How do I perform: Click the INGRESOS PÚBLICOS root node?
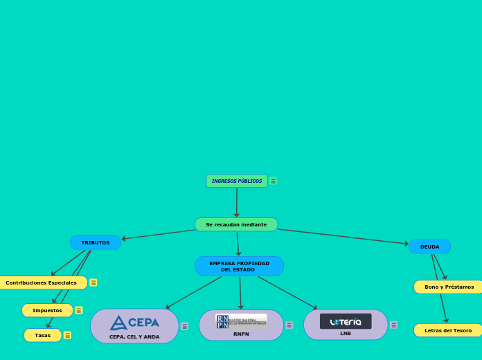pyautogui.click(x=237, y=181)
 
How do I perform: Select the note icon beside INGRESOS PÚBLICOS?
pyautogui.click(x=274, y=181)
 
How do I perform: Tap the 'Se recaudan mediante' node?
pyautogui.click(x=236, y=224)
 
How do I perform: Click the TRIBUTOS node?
pyautogui.click(x=96, y=242)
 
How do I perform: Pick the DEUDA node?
pyautogui.click(x=429, y=246)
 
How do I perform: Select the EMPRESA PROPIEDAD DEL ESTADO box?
pyautogui.click(x=239, y=267)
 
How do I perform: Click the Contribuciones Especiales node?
pyautogui.click(x=42, y=282)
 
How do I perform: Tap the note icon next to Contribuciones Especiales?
pyautogui.click(x=93, y=282)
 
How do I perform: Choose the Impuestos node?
pyautogui.click(x=47, y=310)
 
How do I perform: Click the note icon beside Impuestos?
pyautogui.click(x=79, y=310)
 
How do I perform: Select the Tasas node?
pyautogui.click(x=43, y=335)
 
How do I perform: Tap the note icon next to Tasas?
pyautogui.click(x=67, y=335)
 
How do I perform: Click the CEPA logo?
pyautogui.click(x=134, y=323)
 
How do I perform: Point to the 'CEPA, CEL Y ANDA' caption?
pyautogui.click(x=134, y=337)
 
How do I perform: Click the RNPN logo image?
pyautogui.click(x=241, y=321)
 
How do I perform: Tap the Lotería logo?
pyautogui.click(x=346, y=321)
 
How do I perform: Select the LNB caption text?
pyautogui.click(x=346, y=334)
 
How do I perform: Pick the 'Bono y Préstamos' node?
pyautogui.click(x=449, y=287)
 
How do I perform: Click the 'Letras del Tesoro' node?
pyautogui.click(x=448, y=330)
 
